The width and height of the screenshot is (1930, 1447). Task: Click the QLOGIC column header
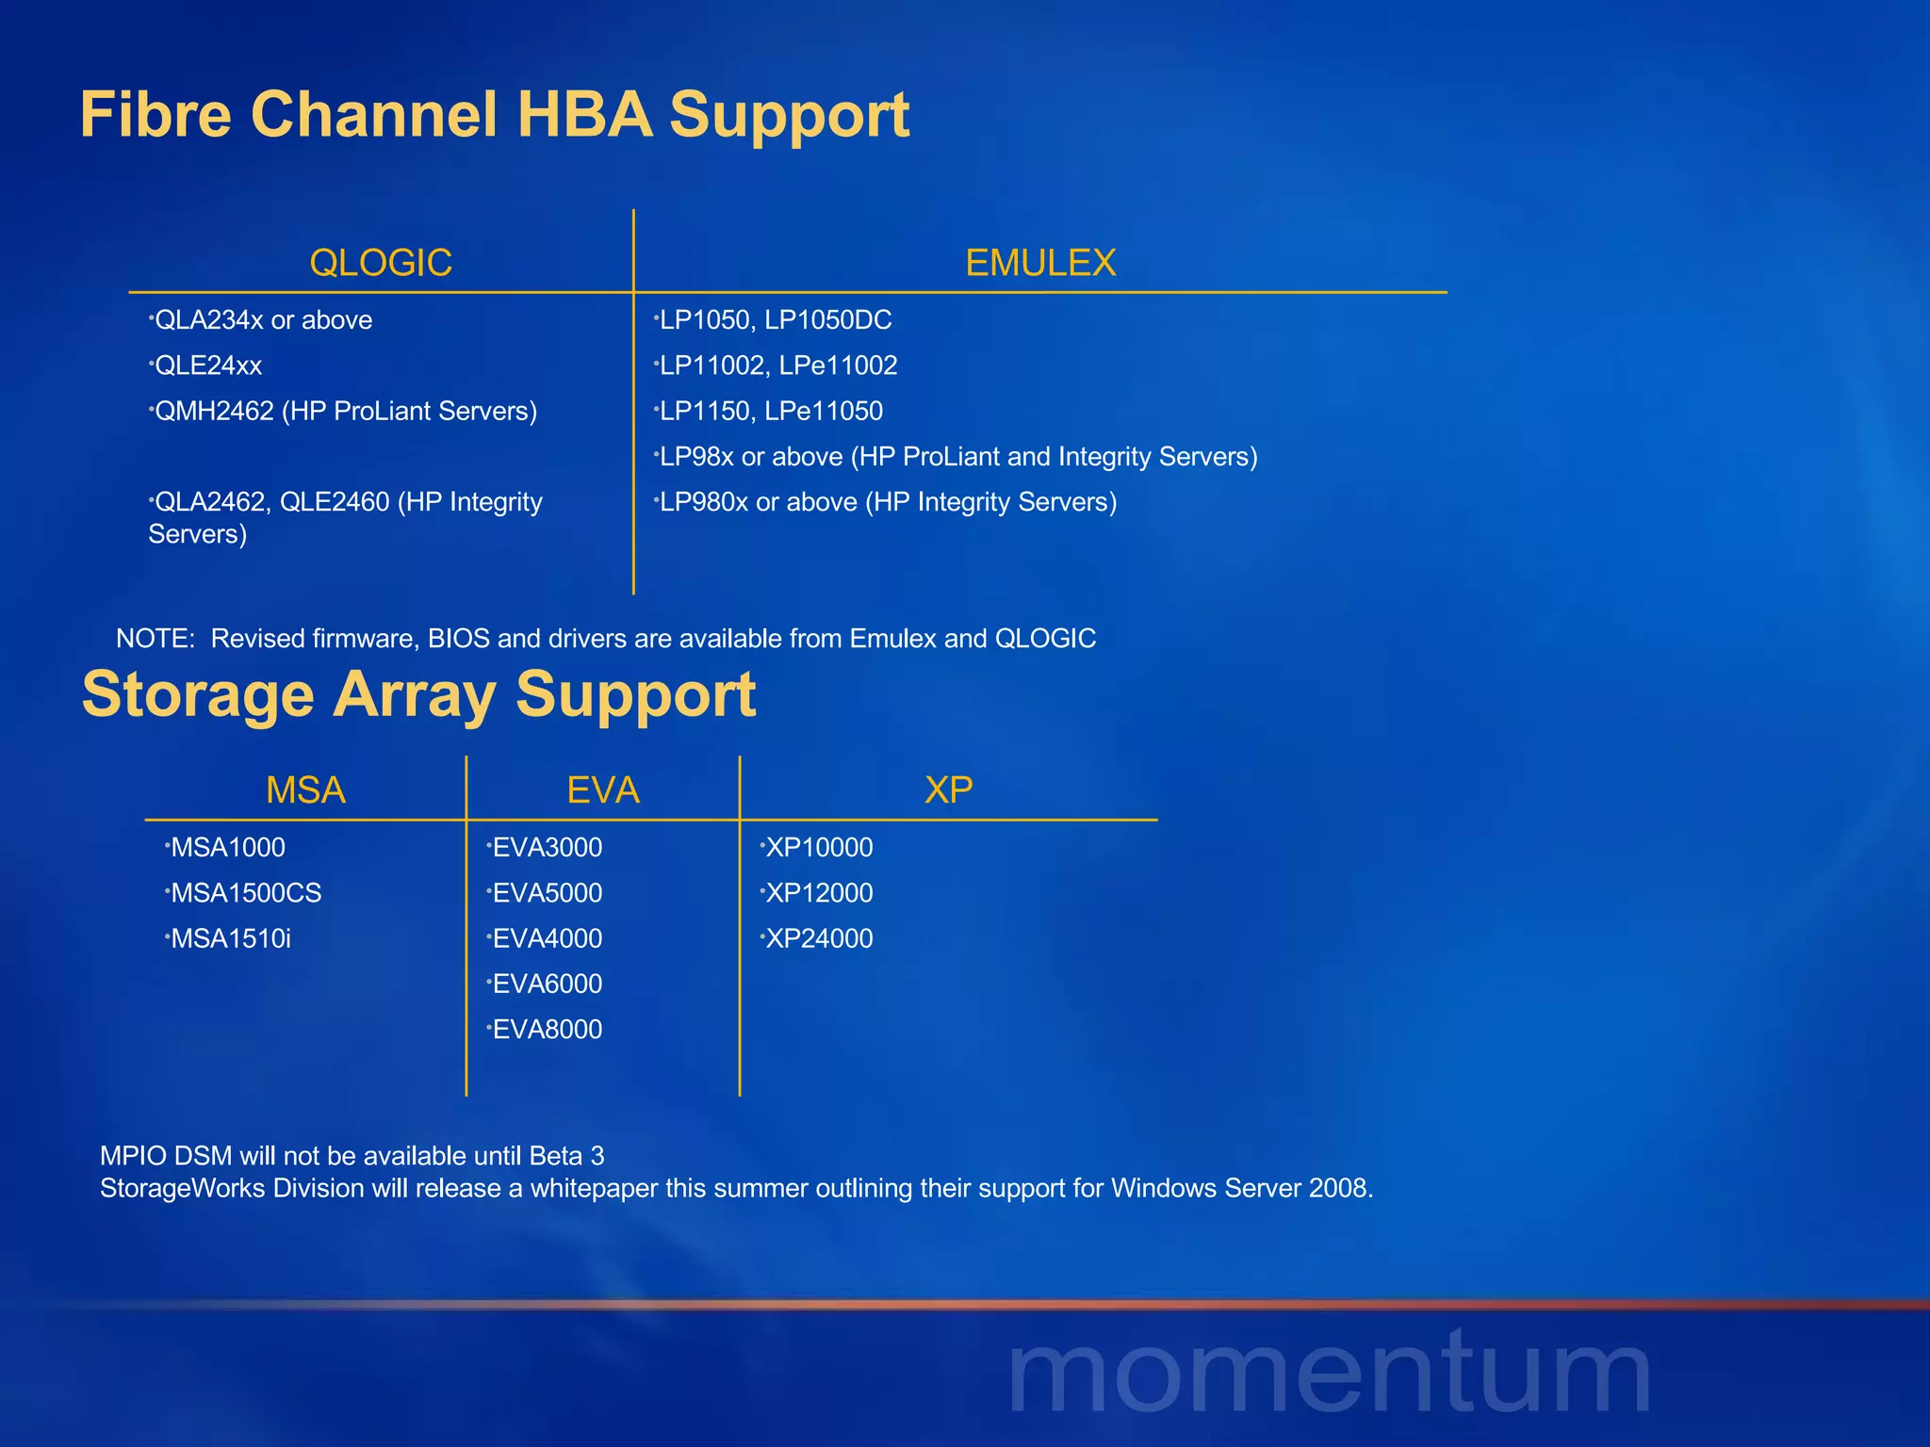coord(381,263)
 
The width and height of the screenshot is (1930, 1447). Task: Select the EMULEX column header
coord(1040,263)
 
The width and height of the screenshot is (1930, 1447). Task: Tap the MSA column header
coord(305,789)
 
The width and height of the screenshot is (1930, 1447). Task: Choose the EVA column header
coord(603,789)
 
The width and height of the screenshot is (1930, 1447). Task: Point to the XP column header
coord(948,789)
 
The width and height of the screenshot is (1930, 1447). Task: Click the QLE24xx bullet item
coord(207,366)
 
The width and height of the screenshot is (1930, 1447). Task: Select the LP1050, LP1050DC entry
coord(775,320)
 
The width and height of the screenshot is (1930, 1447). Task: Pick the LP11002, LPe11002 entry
coord(777,366)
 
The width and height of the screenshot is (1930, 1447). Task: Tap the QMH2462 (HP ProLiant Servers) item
coord(345,411)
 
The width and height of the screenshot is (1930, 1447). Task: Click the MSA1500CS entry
coord(245,893)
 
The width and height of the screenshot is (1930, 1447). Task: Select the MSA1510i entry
coord(230,938)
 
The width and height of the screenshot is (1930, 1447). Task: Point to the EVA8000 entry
coord(547,1029)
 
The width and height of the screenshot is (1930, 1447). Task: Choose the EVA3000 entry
coord(547,848)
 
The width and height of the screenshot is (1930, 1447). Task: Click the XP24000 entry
coord(818,938)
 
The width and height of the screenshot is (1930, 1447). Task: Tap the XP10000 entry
coord(818,848)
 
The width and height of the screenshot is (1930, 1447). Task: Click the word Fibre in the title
coord(155,115)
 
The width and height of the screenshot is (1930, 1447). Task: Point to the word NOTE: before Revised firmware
coord(155,639)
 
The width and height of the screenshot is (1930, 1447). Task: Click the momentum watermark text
coord(1329,1374)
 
